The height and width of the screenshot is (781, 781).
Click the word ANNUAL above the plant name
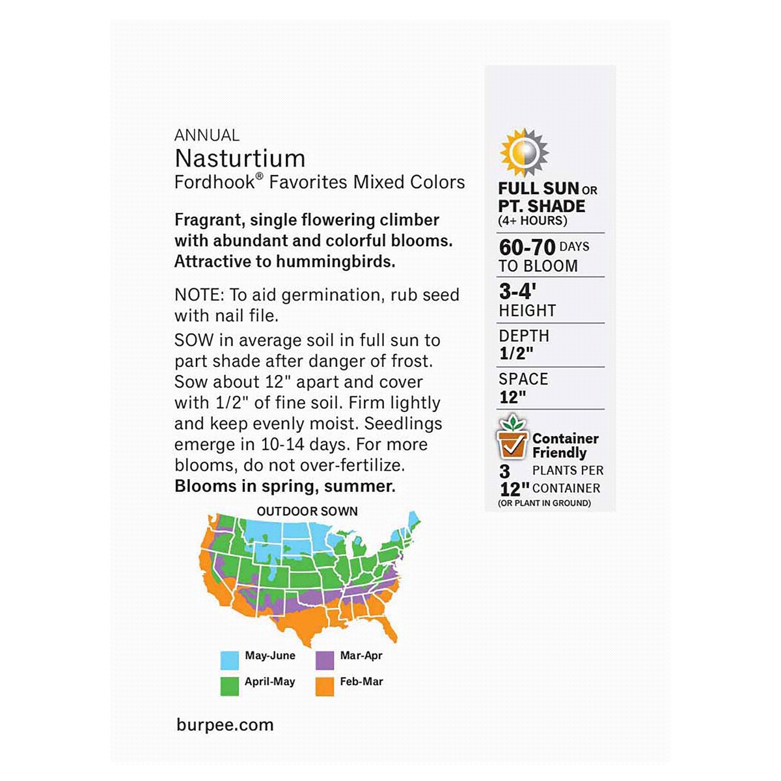click(207, 135)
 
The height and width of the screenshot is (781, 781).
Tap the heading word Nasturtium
click(240, 158)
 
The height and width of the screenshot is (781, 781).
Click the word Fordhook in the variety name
click(215, 182)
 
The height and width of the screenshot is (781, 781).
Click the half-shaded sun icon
click(523, 153)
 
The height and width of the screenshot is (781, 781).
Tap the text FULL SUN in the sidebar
click(538, 189)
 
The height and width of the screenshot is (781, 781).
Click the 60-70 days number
click(527, 247)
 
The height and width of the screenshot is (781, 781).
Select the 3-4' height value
click(517, 292)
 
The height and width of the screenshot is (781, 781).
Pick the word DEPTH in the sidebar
click(524, 336)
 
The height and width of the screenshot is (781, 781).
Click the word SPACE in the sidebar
click(523, 379)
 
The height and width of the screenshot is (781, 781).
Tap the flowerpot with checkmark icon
click(512, 437)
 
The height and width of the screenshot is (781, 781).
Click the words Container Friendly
click(564, 446)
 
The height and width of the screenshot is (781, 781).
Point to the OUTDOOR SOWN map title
click(307, 512)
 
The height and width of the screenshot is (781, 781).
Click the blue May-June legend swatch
click(229, 661)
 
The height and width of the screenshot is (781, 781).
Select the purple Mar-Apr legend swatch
click(325, 661)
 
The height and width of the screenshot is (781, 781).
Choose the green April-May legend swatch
click(229, 687)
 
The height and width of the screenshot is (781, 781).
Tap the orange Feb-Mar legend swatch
click(325, 687)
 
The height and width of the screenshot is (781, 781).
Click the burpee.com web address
click(225, 725)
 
